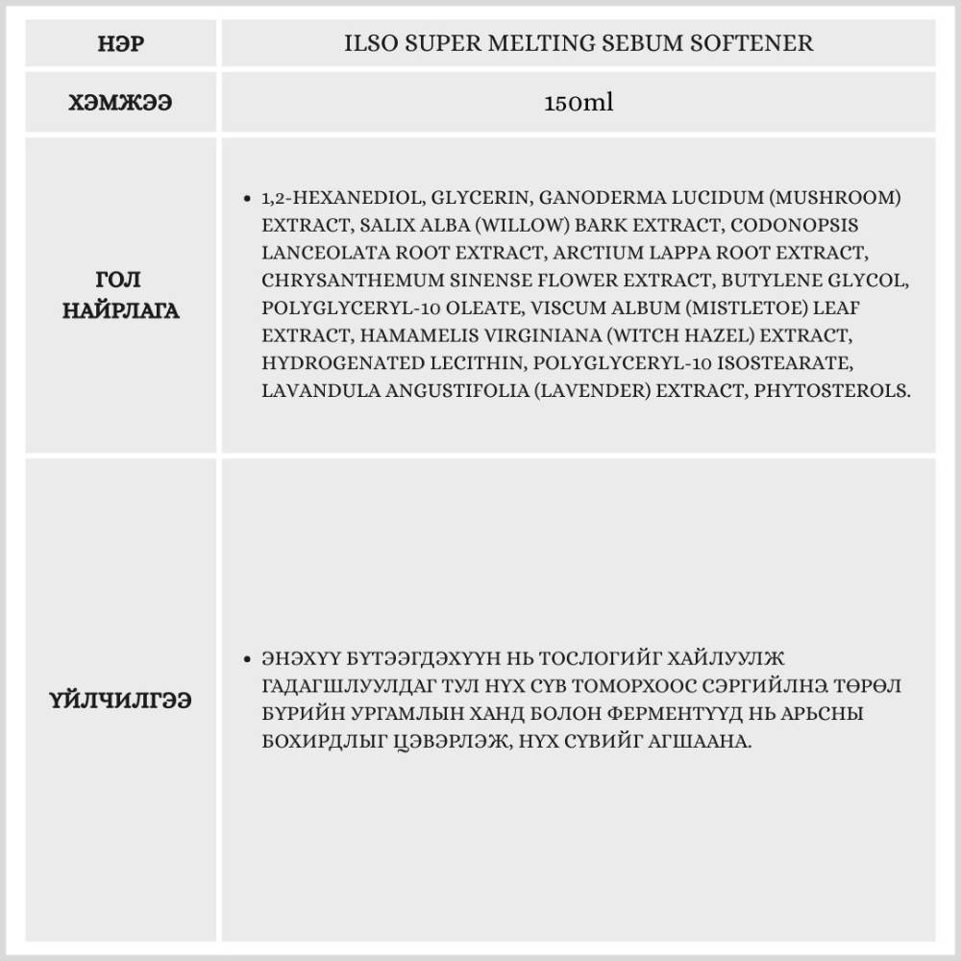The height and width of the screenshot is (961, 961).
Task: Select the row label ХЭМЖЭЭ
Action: (120, 103)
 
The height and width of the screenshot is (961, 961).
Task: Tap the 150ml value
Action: (578, 103)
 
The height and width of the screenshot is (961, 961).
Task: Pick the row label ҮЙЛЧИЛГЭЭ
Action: (120, 701)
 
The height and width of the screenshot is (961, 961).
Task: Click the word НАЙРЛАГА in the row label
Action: (120, 310)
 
